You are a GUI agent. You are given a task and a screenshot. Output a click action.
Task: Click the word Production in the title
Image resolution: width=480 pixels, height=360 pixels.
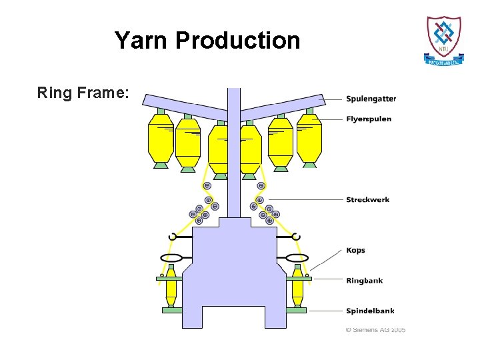[x=238, y=41]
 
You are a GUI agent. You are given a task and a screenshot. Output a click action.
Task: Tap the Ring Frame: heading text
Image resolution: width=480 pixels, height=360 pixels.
[x=83, y=93]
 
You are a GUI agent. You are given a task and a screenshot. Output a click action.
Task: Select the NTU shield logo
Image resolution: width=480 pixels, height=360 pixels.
[x=444, y=39]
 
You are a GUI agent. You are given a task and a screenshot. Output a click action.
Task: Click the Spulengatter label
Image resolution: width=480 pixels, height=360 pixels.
[x=371, y=99]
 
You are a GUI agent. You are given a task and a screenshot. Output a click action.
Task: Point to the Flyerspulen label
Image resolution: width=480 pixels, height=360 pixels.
[x=369, y=119]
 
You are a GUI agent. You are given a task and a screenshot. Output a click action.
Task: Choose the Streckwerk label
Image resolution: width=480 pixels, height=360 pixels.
[x=368, y=199]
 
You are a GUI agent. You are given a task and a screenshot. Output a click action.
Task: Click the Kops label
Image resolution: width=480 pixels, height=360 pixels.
[x=355, y=251]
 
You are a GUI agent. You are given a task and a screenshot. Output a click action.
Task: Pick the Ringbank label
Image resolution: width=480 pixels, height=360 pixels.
[x=364, y=281]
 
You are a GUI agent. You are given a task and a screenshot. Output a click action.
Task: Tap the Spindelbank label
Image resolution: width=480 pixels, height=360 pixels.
[x=370, y=311]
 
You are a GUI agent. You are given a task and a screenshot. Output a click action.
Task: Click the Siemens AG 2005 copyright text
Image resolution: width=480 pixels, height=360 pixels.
[x=375, y=330]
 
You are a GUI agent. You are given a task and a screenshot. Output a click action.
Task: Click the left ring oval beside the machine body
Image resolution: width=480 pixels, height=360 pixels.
[x=172, y=258]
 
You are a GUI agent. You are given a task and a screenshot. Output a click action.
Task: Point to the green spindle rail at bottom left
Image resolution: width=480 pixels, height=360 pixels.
[x=172, y=310]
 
